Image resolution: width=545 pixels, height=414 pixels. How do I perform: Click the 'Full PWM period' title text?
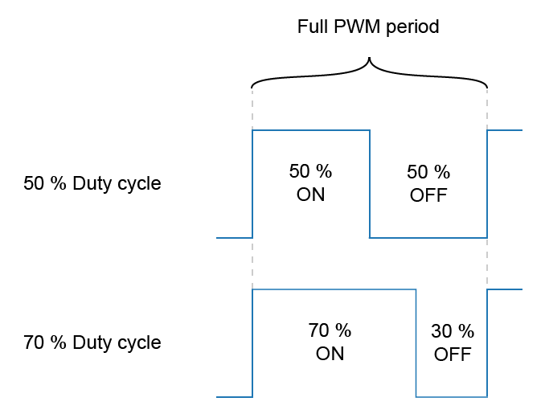(x=368, y=27)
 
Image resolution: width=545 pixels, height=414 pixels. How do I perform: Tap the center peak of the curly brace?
(x=369, y=60)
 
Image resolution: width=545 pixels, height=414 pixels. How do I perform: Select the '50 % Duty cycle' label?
(x=92, y=183)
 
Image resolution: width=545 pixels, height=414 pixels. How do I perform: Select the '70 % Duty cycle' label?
(x=92, y=342)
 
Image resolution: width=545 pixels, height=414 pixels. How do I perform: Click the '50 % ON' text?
(x=310, y=183)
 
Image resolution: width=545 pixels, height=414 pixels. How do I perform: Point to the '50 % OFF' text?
(x=428, y=183)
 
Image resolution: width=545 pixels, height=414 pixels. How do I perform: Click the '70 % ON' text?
(x=330, y=342)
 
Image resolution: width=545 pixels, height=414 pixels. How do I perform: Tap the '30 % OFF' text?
(x=453, y=342)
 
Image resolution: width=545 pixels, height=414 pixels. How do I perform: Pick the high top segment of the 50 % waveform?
(x=311, y=129)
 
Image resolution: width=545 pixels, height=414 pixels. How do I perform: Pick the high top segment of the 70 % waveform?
(x=334, y=289)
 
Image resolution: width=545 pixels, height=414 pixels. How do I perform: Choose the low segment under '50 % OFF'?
(x=428, y=237)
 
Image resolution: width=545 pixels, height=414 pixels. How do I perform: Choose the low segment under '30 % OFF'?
(x=452, y=396)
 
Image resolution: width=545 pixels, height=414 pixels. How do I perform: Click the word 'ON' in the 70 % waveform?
(x=330, y=354)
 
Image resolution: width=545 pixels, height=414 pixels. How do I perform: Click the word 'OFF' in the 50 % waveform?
(x=428, y=195)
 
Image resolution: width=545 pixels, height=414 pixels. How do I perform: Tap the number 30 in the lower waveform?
(x=441, y=331)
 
